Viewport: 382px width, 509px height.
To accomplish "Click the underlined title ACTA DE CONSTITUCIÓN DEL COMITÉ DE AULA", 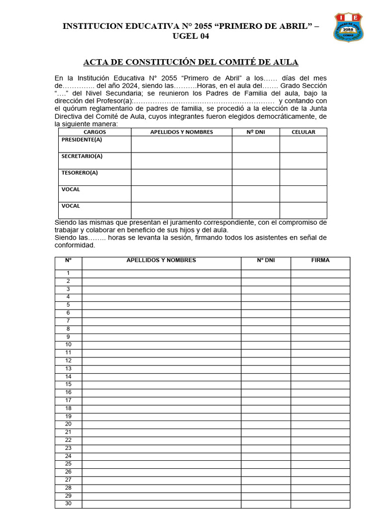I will pos(191,62).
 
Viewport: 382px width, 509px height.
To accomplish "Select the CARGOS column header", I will pos(95,132).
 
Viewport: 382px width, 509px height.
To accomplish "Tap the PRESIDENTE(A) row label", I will pos(82,140).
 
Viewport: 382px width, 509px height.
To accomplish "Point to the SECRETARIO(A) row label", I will pos(82,156).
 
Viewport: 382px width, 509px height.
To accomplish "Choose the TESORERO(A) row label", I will pos(80,173).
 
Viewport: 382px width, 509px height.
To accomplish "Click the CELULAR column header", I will pos(303,132).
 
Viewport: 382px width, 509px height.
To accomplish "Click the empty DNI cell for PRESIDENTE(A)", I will pos(255,144).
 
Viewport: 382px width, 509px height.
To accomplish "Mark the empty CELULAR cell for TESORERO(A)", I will pos(303,177).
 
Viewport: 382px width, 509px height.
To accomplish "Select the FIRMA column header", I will pos(320,260).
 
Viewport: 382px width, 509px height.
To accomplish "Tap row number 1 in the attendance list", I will pos(68,273).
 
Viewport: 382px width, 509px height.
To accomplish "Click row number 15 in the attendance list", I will pos(68,384).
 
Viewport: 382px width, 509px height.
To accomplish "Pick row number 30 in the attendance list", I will pos(68,504).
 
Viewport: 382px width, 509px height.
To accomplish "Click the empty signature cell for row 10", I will pos(320,345).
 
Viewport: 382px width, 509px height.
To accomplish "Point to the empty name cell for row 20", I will pos(161,424).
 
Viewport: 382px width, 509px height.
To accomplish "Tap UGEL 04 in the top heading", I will pos(191,36).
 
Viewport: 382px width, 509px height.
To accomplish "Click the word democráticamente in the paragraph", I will pos(290,116).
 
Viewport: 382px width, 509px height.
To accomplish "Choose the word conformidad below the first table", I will pos(74,245).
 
